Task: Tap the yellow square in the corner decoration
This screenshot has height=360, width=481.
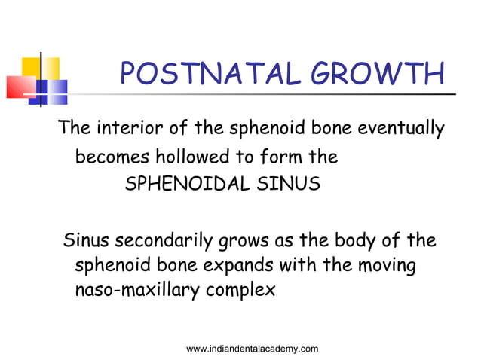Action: tap(41, 68)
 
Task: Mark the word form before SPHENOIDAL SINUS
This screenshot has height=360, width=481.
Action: tap(274, 158)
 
